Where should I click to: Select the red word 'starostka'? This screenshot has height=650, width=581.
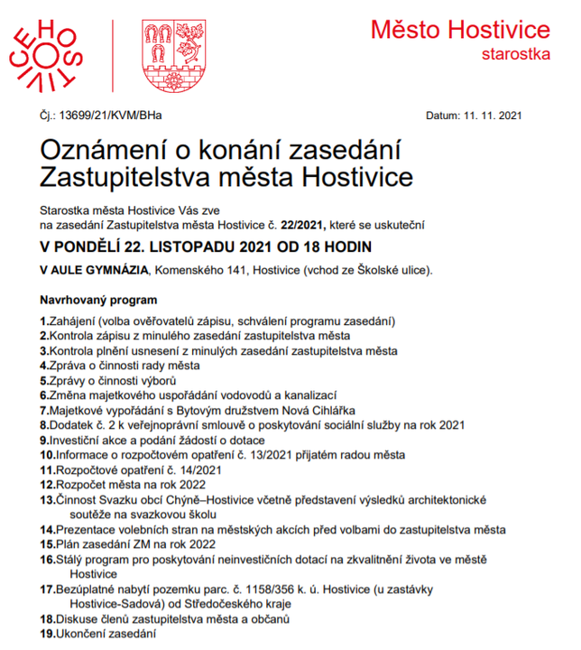point(517,55)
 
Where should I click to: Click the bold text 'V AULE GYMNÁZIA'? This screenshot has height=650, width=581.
point(93,270)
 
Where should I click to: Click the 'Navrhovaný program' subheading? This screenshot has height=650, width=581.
point(98,300)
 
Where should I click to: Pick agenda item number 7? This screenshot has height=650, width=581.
point(43,410)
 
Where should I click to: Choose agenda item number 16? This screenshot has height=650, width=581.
point(47,560)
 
